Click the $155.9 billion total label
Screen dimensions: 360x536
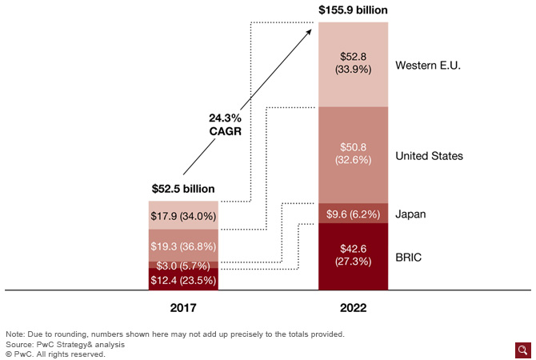tap(353, 10)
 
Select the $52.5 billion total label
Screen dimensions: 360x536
tap(183, 189)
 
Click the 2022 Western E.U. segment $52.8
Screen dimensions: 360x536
tap(353, 63)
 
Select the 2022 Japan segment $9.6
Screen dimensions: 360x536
tap(353, 214)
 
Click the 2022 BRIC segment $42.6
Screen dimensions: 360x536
tap(353, 256)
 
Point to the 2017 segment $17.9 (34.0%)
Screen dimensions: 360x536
tap(183, 215)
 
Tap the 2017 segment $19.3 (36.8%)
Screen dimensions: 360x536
tap(183, 245)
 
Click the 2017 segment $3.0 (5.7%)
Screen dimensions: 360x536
tap(183, 265)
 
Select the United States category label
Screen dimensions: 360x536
tap(430, 156)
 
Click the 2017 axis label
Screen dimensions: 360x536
tap(183, 307)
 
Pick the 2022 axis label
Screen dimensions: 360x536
tap(353, 307)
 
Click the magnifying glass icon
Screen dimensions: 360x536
tap(522, 350)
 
